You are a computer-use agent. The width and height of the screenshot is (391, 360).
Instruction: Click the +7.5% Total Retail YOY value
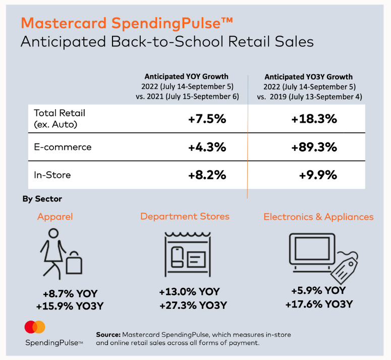[x=207, y=119]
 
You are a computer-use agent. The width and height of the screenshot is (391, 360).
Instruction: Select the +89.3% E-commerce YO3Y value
[x=314, y=147]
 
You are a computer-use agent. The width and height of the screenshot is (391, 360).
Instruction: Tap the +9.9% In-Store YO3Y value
[x=318, y=175]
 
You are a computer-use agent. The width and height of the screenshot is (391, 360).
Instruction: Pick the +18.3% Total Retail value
[x=314, y=119]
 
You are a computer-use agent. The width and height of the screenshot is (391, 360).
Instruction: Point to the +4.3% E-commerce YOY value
[x=207, y=147]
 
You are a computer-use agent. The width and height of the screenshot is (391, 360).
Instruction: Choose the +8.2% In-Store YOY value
[x=207, y=175]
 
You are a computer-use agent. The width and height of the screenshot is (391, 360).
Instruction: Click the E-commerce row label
[x=63, y=147]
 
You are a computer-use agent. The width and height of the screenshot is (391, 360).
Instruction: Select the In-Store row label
[x=52, y=175]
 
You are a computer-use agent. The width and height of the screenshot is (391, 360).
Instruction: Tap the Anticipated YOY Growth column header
[x=187, y=76]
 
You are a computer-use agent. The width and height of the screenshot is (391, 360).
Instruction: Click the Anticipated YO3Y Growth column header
[x=309, y=77]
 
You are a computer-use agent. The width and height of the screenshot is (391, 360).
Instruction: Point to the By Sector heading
[x=42, y=199]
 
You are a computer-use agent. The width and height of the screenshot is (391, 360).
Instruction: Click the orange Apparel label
[x=55, y=217]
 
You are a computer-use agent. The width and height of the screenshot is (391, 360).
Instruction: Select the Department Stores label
[x=185, y=216]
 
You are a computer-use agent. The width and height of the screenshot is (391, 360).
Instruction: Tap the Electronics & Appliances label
[x=318, y=217]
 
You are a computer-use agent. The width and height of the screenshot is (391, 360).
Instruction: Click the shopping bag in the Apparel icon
[x=74, y=263]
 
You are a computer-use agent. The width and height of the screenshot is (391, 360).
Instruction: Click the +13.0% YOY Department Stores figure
[x=190, y=292]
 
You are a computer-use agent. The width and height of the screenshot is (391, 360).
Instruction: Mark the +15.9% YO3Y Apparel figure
[x=70, y=306]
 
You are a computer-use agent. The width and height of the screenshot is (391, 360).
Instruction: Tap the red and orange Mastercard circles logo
[x=35, y=327]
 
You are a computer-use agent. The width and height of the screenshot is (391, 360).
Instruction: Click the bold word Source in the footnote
[x=108, y=335]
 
